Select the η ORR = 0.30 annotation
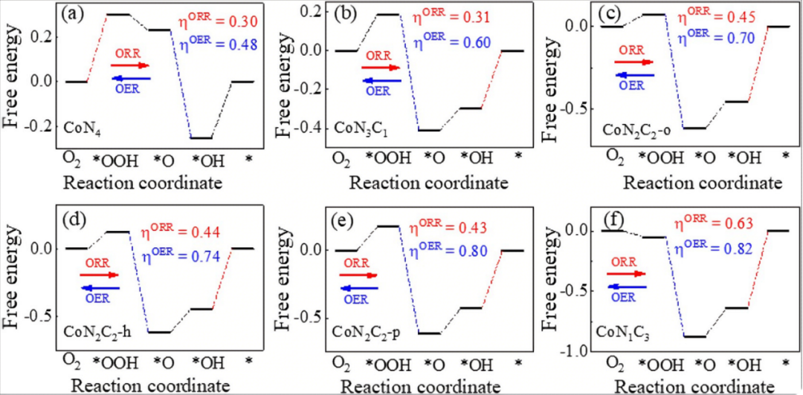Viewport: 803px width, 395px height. (210, 23)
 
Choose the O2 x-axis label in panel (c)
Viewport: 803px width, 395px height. (615, 155)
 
